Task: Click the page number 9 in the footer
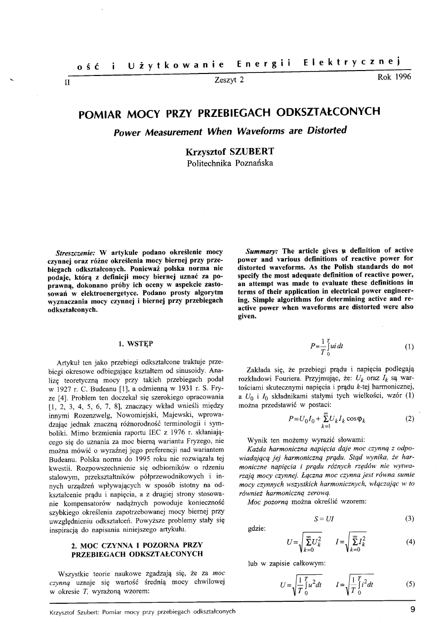(x=412, y=610)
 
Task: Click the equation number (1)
(x=409, y=347)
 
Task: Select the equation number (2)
(x=409, y=419)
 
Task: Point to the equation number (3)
(x=409, y=518)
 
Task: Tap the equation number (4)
(x=409, y=542)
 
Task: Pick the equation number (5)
(x=409, y=584)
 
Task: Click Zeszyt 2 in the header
(x=229, y=79)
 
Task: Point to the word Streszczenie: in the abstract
(x=78, y=251)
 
